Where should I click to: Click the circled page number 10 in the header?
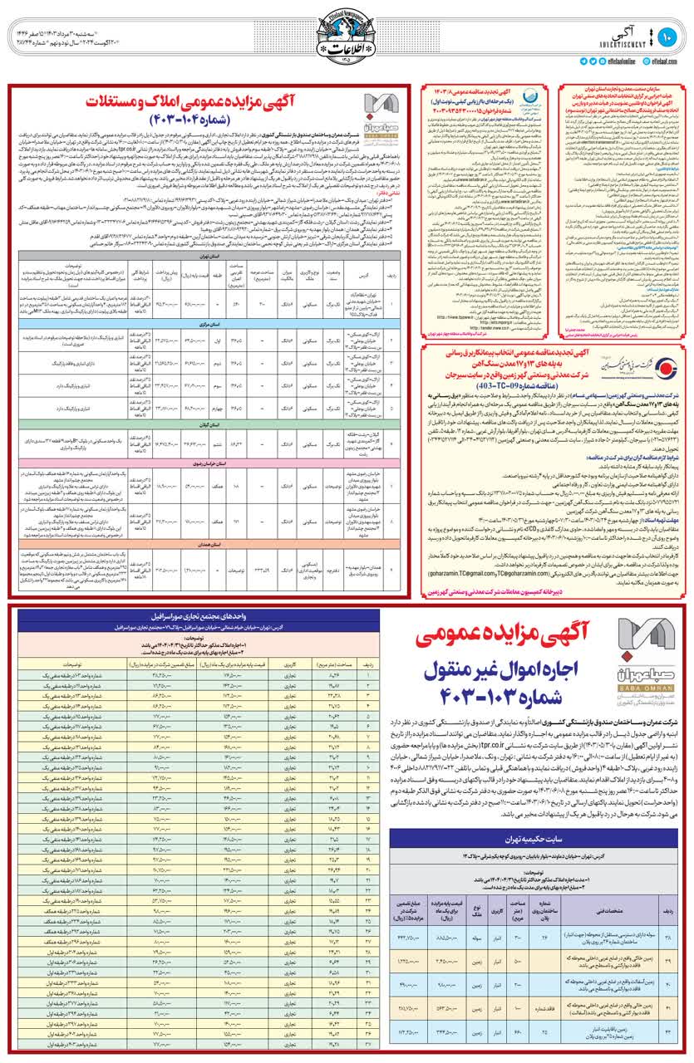pyautogui.click(x=670, y=36)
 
